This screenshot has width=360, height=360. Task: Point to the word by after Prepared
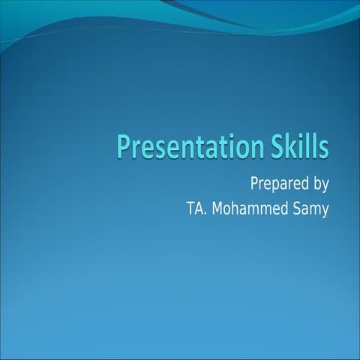coord(320,184)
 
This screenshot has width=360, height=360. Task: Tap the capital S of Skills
coord(280,145)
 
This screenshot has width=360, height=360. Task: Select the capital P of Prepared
coord(254,183)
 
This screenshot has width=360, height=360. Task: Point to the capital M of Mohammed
coord(219,208)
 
